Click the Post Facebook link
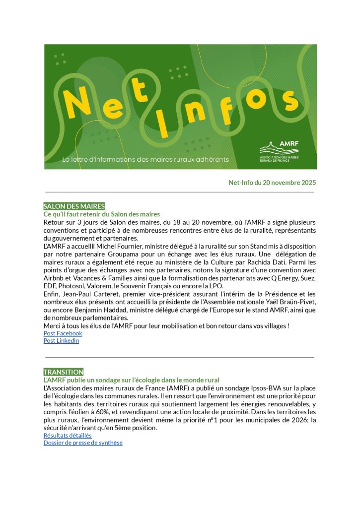point(63,333)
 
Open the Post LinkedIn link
point(61,341)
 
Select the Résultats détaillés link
point(68,436)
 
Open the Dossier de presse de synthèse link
point(82,443)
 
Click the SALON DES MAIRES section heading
point(74,206)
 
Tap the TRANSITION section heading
point(64,372)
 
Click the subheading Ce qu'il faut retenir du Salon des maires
point(101,214)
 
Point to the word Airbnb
point(54,278)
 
